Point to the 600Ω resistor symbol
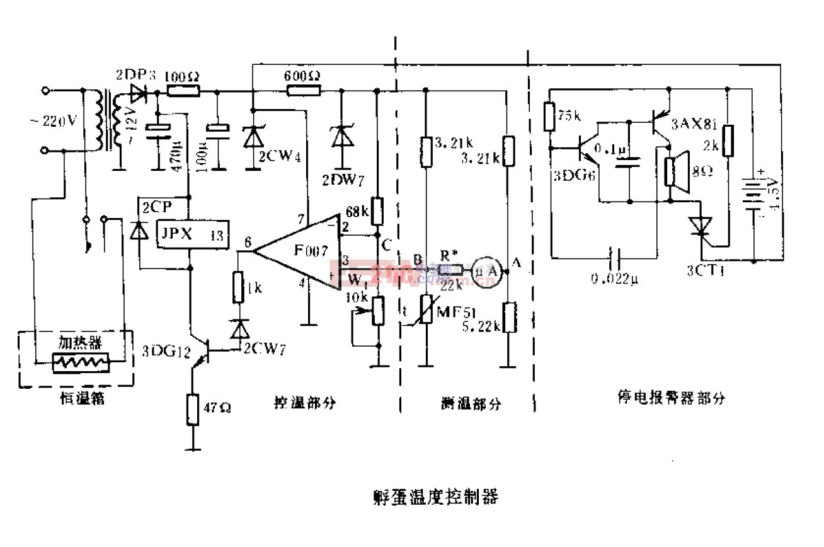[x=303, y=90]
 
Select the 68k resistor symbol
[x=377, y=211]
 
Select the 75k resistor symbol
[x=551, y=117]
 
